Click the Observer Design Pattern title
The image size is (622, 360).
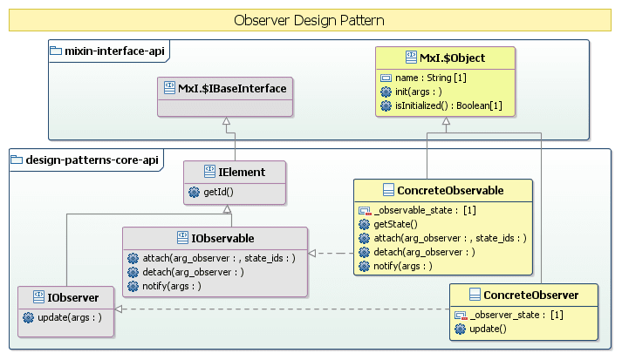(310, 19)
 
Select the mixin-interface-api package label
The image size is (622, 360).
(109, 51)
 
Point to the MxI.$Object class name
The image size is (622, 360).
(451, 58)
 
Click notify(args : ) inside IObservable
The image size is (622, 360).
(171, 285)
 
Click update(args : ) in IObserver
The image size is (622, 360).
(70, 316)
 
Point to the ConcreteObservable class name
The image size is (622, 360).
(449, 190)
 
